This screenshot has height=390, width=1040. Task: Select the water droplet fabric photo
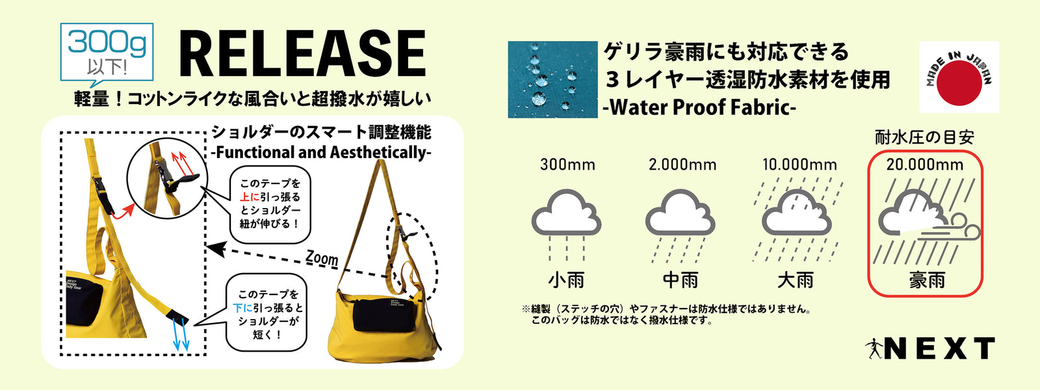552,79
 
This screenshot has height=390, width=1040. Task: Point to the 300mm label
567,165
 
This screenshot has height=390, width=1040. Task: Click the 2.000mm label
682,165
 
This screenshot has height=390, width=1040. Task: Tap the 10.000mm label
799,165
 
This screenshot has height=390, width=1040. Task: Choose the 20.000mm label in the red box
925,165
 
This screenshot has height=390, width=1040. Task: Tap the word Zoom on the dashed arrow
322,258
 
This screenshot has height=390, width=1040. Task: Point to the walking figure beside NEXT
874,348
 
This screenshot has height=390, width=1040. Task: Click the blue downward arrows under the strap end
181,334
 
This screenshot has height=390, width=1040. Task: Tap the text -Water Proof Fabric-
699,108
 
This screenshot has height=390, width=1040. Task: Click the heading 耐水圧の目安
924,137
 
